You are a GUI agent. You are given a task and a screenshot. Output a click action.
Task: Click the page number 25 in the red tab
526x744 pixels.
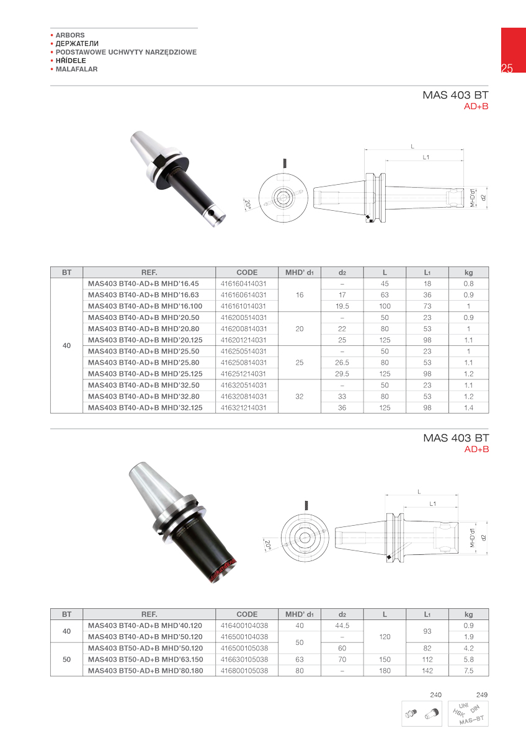coord(507,68)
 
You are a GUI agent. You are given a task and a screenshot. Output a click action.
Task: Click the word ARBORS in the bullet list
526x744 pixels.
coord(70,35)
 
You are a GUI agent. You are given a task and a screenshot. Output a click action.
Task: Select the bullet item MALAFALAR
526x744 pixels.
coord(76,69)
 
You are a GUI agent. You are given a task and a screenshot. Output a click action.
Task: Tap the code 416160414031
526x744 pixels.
coord(244,284)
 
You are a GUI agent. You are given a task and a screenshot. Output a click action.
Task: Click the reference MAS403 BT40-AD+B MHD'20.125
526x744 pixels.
coord(145,340)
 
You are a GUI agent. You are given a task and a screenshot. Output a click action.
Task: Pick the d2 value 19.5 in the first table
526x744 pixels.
coord(342,306)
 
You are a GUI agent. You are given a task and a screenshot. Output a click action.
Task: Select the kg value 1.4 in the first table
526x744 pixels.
coord(468,407)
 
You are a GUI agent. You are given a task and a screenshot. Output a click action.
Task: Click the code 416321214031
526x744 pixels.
coord(244,407)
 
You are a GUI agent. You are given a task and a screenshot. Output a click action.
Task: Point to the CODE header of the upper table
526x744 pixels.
coord(247,272)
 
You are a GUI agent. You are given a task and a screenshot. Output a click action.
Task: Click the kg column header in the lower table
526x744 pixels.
coord(468,614)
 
